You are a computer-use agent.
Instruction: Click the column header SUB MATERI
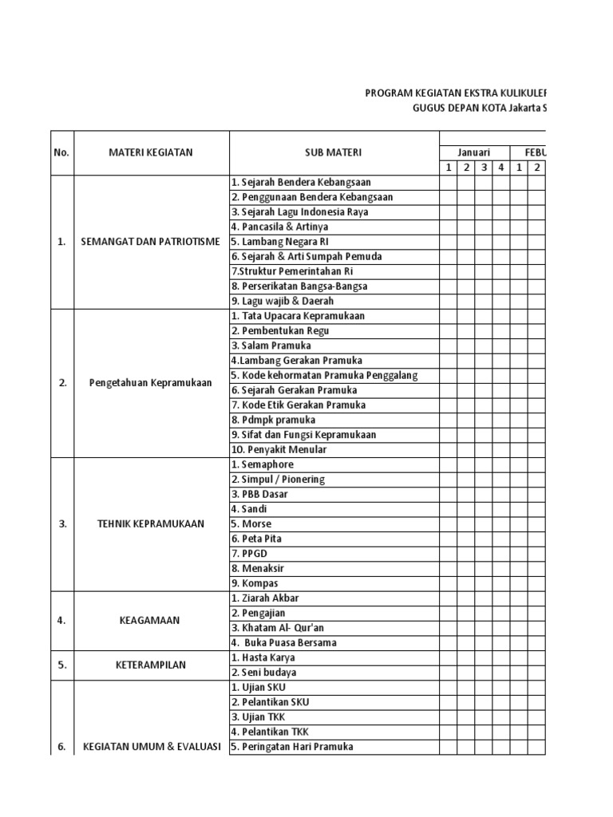[x=334, y=152]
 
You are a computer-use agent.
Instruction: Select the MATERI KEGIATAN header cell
[x=152, y=152]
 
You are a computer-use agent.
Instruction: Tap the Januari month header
[x=473, y=152]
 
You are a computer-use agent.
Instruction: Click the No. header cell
[x=62, y=152]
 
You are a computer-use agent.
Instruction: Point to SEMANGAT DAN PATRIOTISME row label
[x=151, y=242]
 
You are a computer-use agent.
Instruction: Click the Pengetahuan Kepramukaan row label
[x=151, y=382]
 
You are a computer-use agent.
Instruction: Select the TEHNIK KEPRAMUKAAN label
[x=151, y=524]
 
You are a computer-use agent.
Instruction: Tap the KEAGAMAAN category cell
[x=151, y=620]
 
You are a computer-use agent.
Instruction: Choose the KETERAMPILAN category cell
[x=151, y=665]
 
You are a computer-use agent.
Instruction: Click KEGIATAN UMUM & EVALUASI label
[x=151, y=748]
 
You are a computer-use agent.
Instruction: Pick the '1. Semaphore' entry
[x=263, y=464]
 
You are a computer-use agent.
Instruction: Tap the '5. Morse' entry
[x=251, y=524]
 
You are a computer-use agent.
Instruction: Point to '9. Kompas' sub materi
[x=255, y=583]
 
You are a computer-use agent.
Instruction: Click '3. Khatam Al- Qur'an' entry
[x=277, y=628]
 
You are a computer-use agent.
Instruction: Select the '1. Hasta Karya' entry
[x=263, y=657]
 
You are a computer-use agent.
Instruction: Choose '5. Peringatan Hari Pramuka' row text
[x=292, y=747]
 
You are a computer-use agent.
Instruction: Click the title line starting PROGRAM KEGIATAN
[x=456, y=93]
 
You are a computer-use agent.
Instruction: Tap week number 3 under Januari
[x=483, y=168]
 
